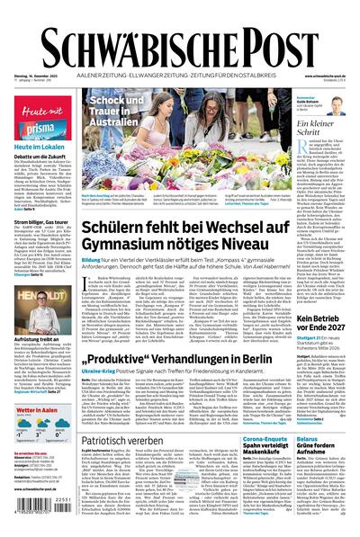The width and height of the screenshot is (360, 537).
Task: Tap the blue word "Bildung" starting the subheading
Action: coord(92,258)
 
